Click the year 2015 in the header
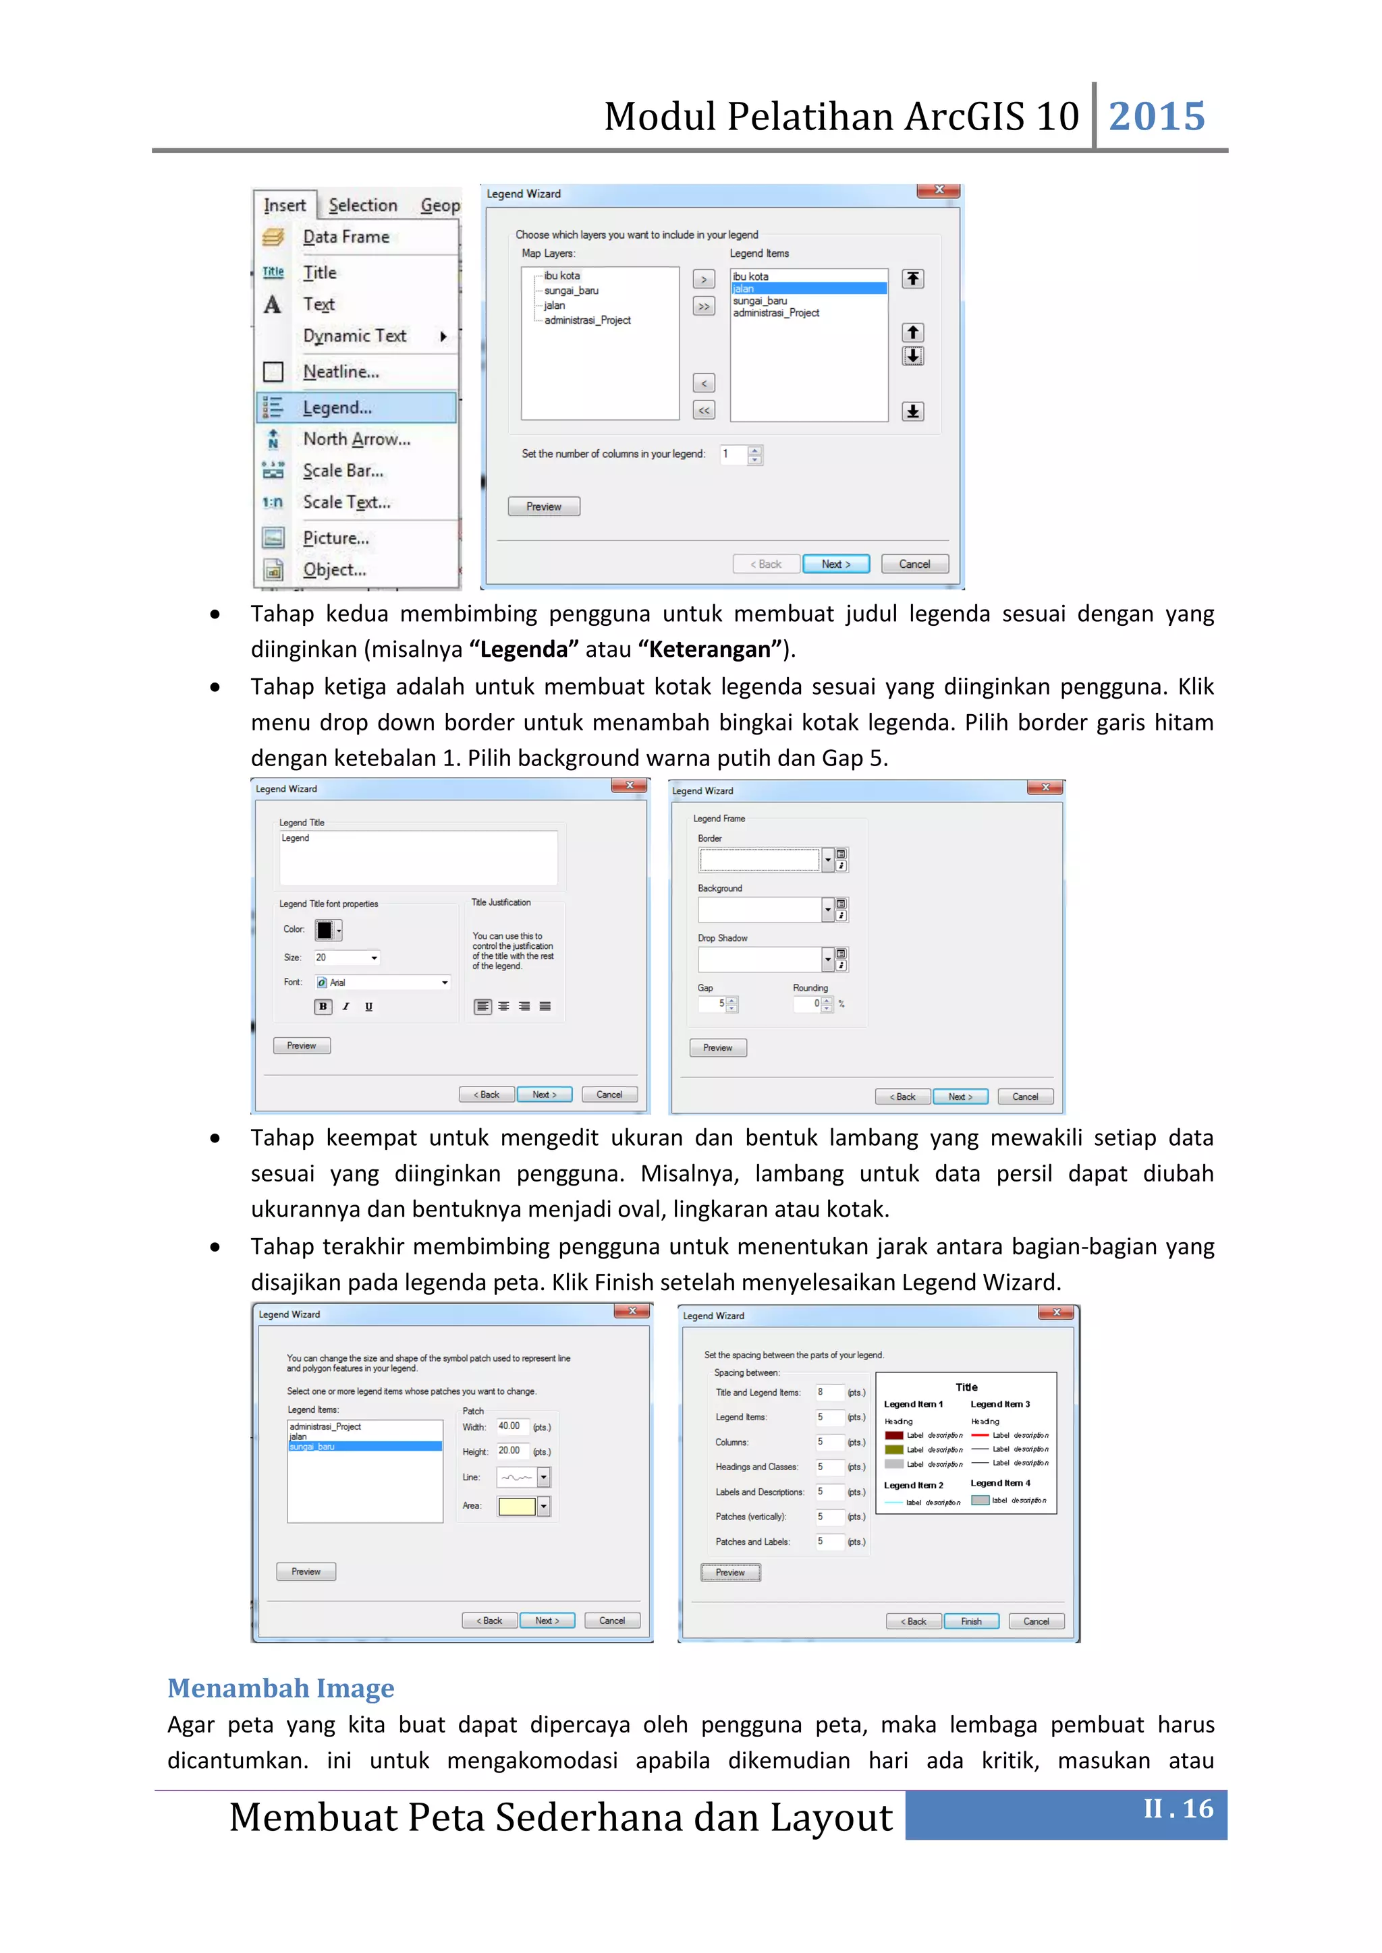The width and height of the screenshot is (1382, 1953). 1157,117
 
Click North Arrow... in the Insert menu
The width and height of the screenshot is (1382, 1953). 356,439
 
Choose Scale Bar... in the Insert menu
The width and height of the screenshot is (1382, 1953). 342,471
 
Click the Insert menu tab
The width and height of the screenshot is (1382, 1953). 284,205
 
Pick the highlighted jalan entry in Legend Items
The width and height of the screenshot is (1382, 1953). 808,289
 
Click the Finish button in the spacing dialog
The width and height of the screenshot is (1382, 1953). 971,1621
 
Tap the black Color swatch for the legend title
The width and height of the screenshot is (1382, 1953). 324,930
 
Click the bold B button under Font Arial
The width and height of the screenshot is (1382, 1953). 323,1006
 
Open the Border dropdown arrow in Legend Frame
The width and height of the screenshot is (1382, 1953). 827,860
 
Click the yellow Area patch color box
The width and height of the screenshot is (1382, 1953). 516,1507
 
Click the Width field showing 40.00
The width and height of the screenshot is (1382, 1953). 512,1426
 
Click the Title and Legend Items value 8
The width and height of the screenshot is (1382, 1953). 827,1393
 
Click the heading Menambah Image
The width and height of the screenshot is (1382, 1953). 281,1687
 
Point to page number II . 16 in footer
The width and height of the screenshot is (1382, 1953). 1178,1809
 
